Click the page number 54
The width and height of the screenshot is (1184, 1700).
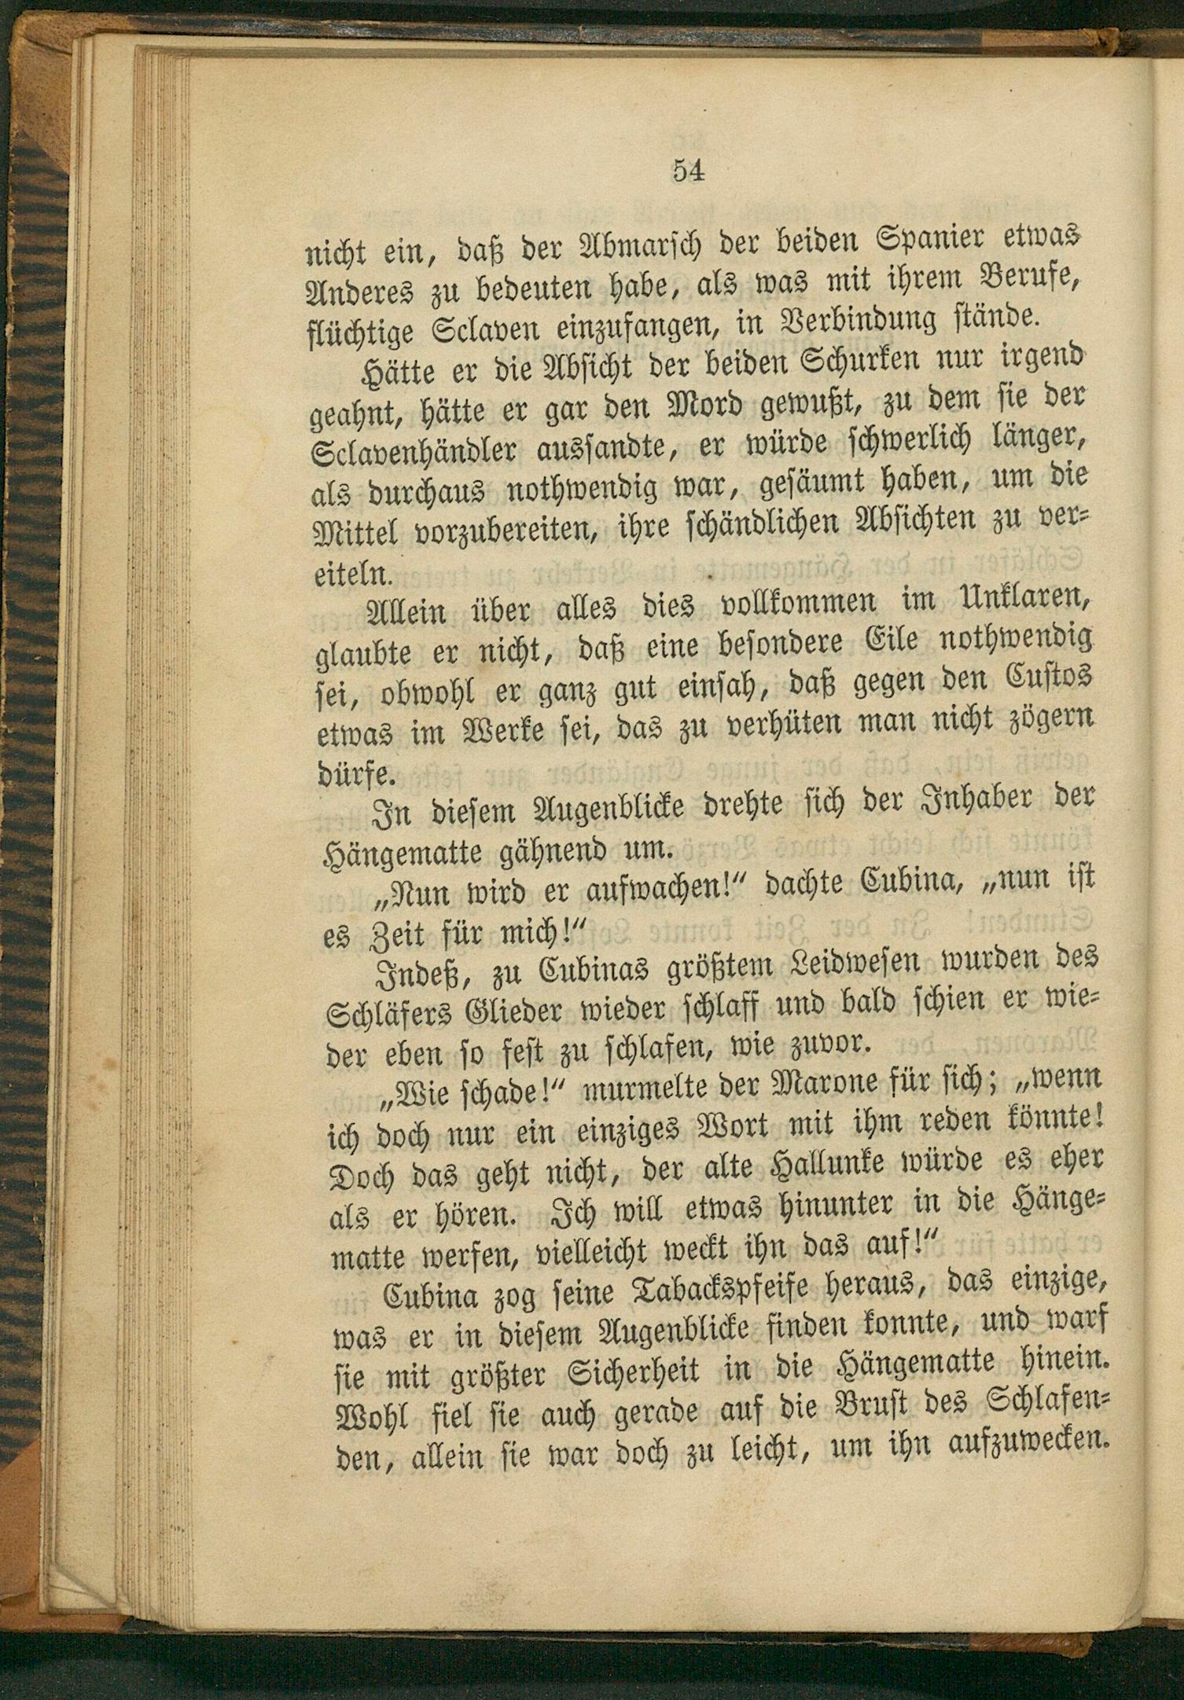coord(687,171)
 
